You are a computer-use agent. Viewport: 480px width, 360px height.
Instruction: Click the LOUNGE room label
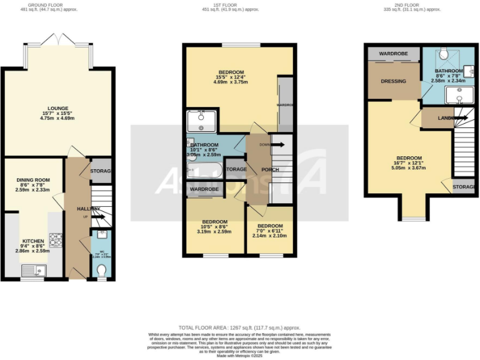(57, 108)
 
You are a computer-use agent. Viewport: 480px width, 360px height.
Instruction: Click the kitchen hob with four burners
(55, 239)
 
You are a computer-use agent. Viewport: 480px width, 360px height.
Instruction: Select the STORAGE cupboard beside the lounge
(101, 171)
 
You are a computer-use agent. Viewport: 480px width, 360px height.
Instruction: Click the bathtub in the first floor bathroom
(203, 169)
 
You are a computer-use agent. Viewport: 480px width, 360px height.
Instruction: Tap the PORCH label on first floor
(270, 169)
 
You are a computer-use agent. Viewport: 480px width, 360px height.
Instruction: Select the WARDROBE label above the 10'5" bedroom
(204, 189)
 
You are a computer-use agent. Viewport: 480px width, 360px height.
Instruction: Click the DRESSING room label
(393, 81)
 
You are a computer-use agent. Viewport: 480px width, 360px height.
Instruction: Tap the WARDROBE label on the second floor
(393, 54)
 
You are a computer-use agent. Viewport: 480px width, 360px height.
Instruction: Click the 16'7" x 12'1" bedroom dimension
(409, 164)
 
